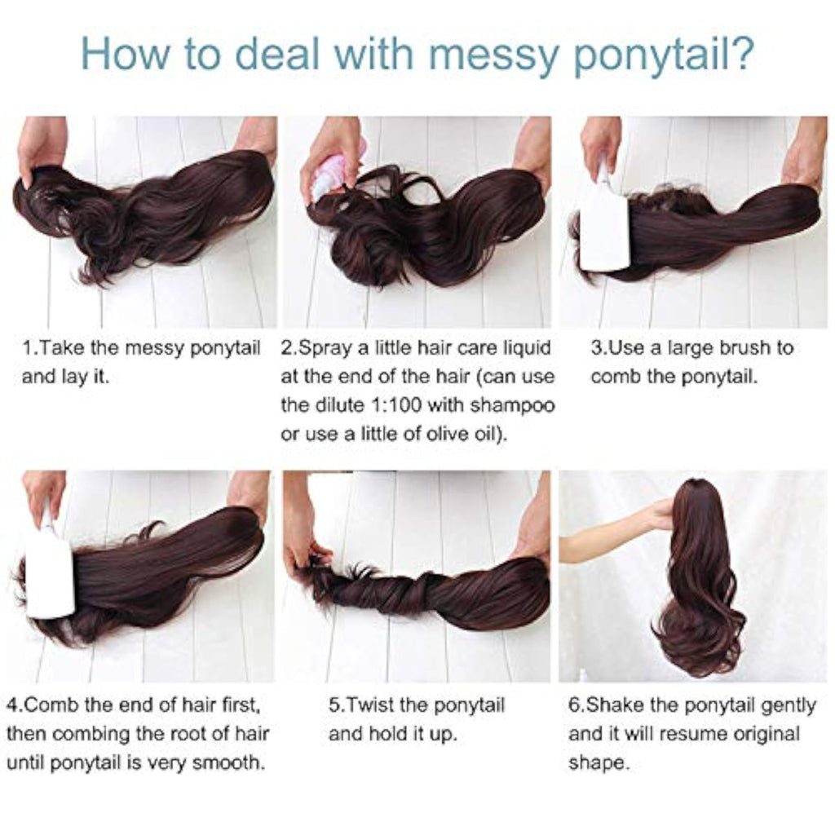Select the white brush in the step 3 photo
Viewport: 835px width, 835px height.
pos(604,215)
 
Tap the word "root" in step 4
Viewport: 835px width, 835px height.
pos(188,734)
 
